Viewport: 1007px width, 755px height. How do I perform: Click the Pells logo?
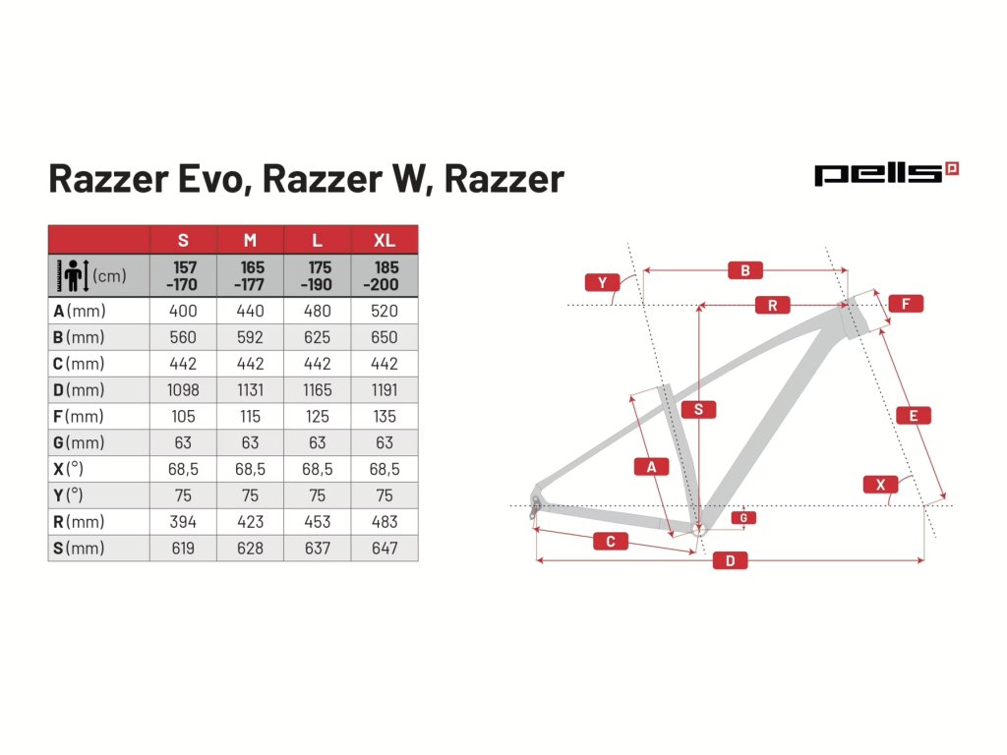click(x=886, y=174)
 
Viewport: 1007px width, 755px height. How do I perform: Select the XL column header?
click(x=385, y=240)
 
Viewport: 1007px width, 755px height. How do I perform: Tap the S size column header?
click(x=183, y=240)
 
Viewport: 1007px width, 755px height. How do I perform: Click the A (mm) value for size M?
click(x=250, y=311)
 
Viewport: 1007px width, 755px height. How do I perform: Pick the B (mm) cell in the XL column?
click(x=385, y=337)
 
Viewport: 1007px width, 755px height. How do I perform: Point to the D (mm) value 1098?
click(x=183, y=390)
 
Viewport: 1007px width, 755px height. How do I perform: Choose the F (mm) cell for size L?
click(x=317, y=417)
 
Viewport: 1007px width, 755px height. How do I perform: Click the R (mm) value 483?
click(x=385, y=522)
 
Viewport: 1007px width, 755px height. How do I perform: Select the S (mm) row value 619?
click(x=183, y=549)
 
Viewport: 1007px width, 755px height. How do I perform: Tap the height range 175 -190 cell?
click(x=317, y=276)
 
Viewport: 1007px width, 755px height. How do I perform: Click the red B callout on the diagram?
click(x=745, y=270)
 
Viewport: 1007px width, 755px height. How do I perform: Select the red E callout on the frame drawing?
click(x=914, y=416)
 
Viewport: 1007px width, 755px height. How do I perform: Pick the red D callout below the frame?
click(x=730, y=561)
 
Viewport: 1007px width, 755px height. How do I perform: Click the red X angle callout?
click(x=880, y=485)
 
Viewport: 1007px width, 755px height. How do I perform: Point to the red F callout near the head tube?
click(x=905, y=304)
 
